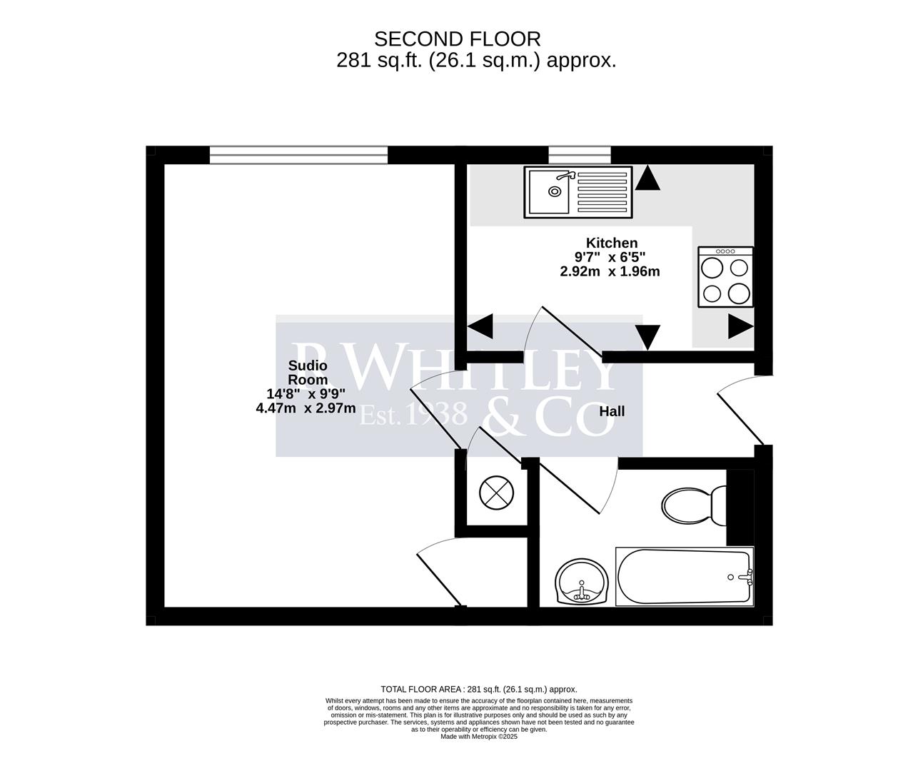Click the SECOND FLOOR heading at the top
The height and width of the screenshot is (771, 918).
click(458, 39)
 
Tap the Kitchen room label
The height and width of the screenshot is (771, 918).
click(611, 243)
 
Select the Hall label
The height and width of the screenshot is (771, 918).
click(612, 411)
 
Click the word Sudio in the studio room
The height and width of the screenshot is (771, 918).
click(308, 366)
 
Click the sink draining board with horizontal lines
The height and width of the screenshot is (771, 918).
click(600, 192)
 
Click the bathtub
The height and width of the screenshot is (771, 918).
click(684, 577)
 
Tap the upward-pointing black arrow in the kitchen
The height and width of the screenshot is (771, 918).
click(647, 178)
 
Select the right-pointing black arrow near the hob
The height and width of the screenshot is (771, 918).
click(741, 327)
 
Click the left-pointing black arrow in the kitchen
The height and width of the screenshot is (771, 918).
click(480, 327)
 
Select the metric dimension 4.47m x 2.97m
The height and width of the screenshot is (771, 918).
click(306, 408)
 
